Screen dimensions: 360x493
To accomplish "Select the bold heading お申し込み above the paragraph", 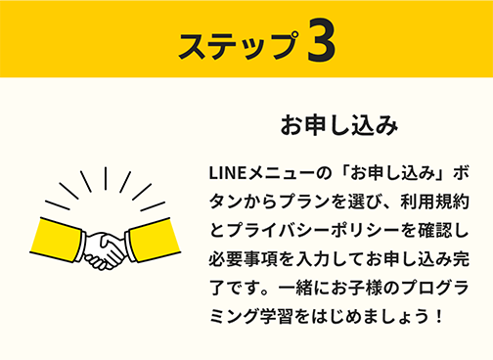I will [338, 125].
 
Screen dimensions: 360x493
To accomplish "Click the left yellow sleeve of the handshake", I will [59, 236].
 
